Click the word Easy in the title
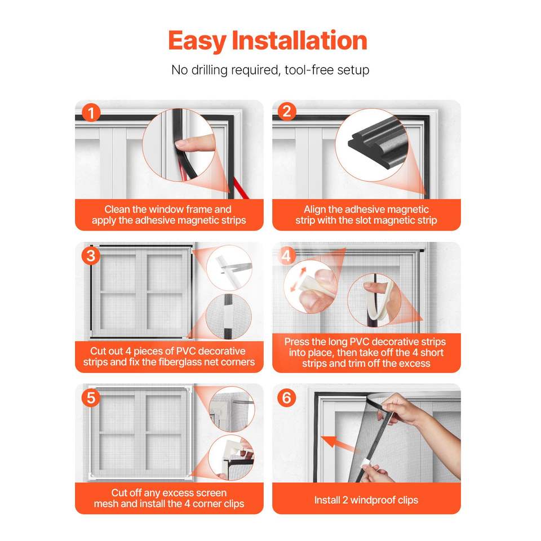pos(197,41)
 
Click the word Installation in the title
pos(299,41)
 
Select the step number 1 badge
pos(91,113)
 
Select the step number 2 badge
pos(287,112)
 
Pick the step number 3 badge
pos(91,256)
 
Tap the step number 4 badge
pos(287,256)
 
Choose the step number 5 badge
pos(91,397)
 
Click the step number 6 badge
pos(287,397)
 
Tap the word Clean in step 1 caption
pos(117,209)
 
